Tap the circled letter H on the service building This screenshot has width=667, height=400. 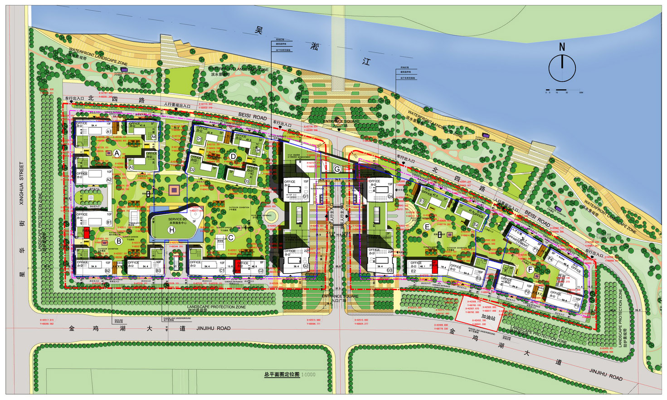pyautogui.click(x=171, y=230)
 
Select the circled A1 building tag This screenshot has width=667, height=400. pyautogui.click(x=108, y=131)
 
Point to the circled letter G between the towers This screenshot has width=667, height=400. pyautogui.click(x=337, y=169)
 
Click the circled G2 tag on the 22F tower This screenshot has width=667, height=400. pyautogui.click(x=306, y=266)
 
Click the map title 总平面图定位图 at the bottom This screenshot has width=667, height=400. pyautogui.click(x=282, y=375)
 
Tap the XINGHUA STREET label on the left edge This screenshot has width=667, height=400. pyautogui.click(x=21, y=184)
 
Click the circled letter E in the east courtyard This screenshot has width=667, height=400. pyautogui.click(x=427, y=227)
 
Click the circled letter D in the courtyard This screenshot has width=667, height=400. pyautogui.click(x=233, y=157)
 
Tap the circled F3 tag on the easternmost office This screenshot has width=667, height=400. pyautogui.click(x=576, y=306)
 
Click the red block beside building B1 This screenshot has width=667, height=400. pyautogui.click(x=86, y=232)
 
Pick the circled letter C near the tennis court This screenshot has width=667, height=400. pyautogui.click(x=230, y=237)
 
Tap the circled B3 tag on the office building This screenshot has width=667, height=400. pyautogui.click(x=158, y=271)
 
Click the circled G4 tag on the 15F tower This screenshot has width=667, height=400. pyautogui.click(x=390, y=197)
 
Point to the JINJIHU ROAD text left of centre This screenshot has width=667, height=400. pyautogui.click(x=214, y=328)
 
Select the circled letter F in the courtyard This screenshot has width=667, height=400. pyautogui.click(x=530, y=269)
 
